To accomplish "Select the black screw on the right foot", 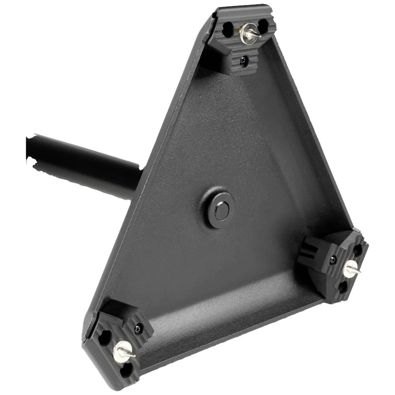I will [333, 259].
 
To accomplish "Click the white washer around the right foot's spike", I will [349, 269].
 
